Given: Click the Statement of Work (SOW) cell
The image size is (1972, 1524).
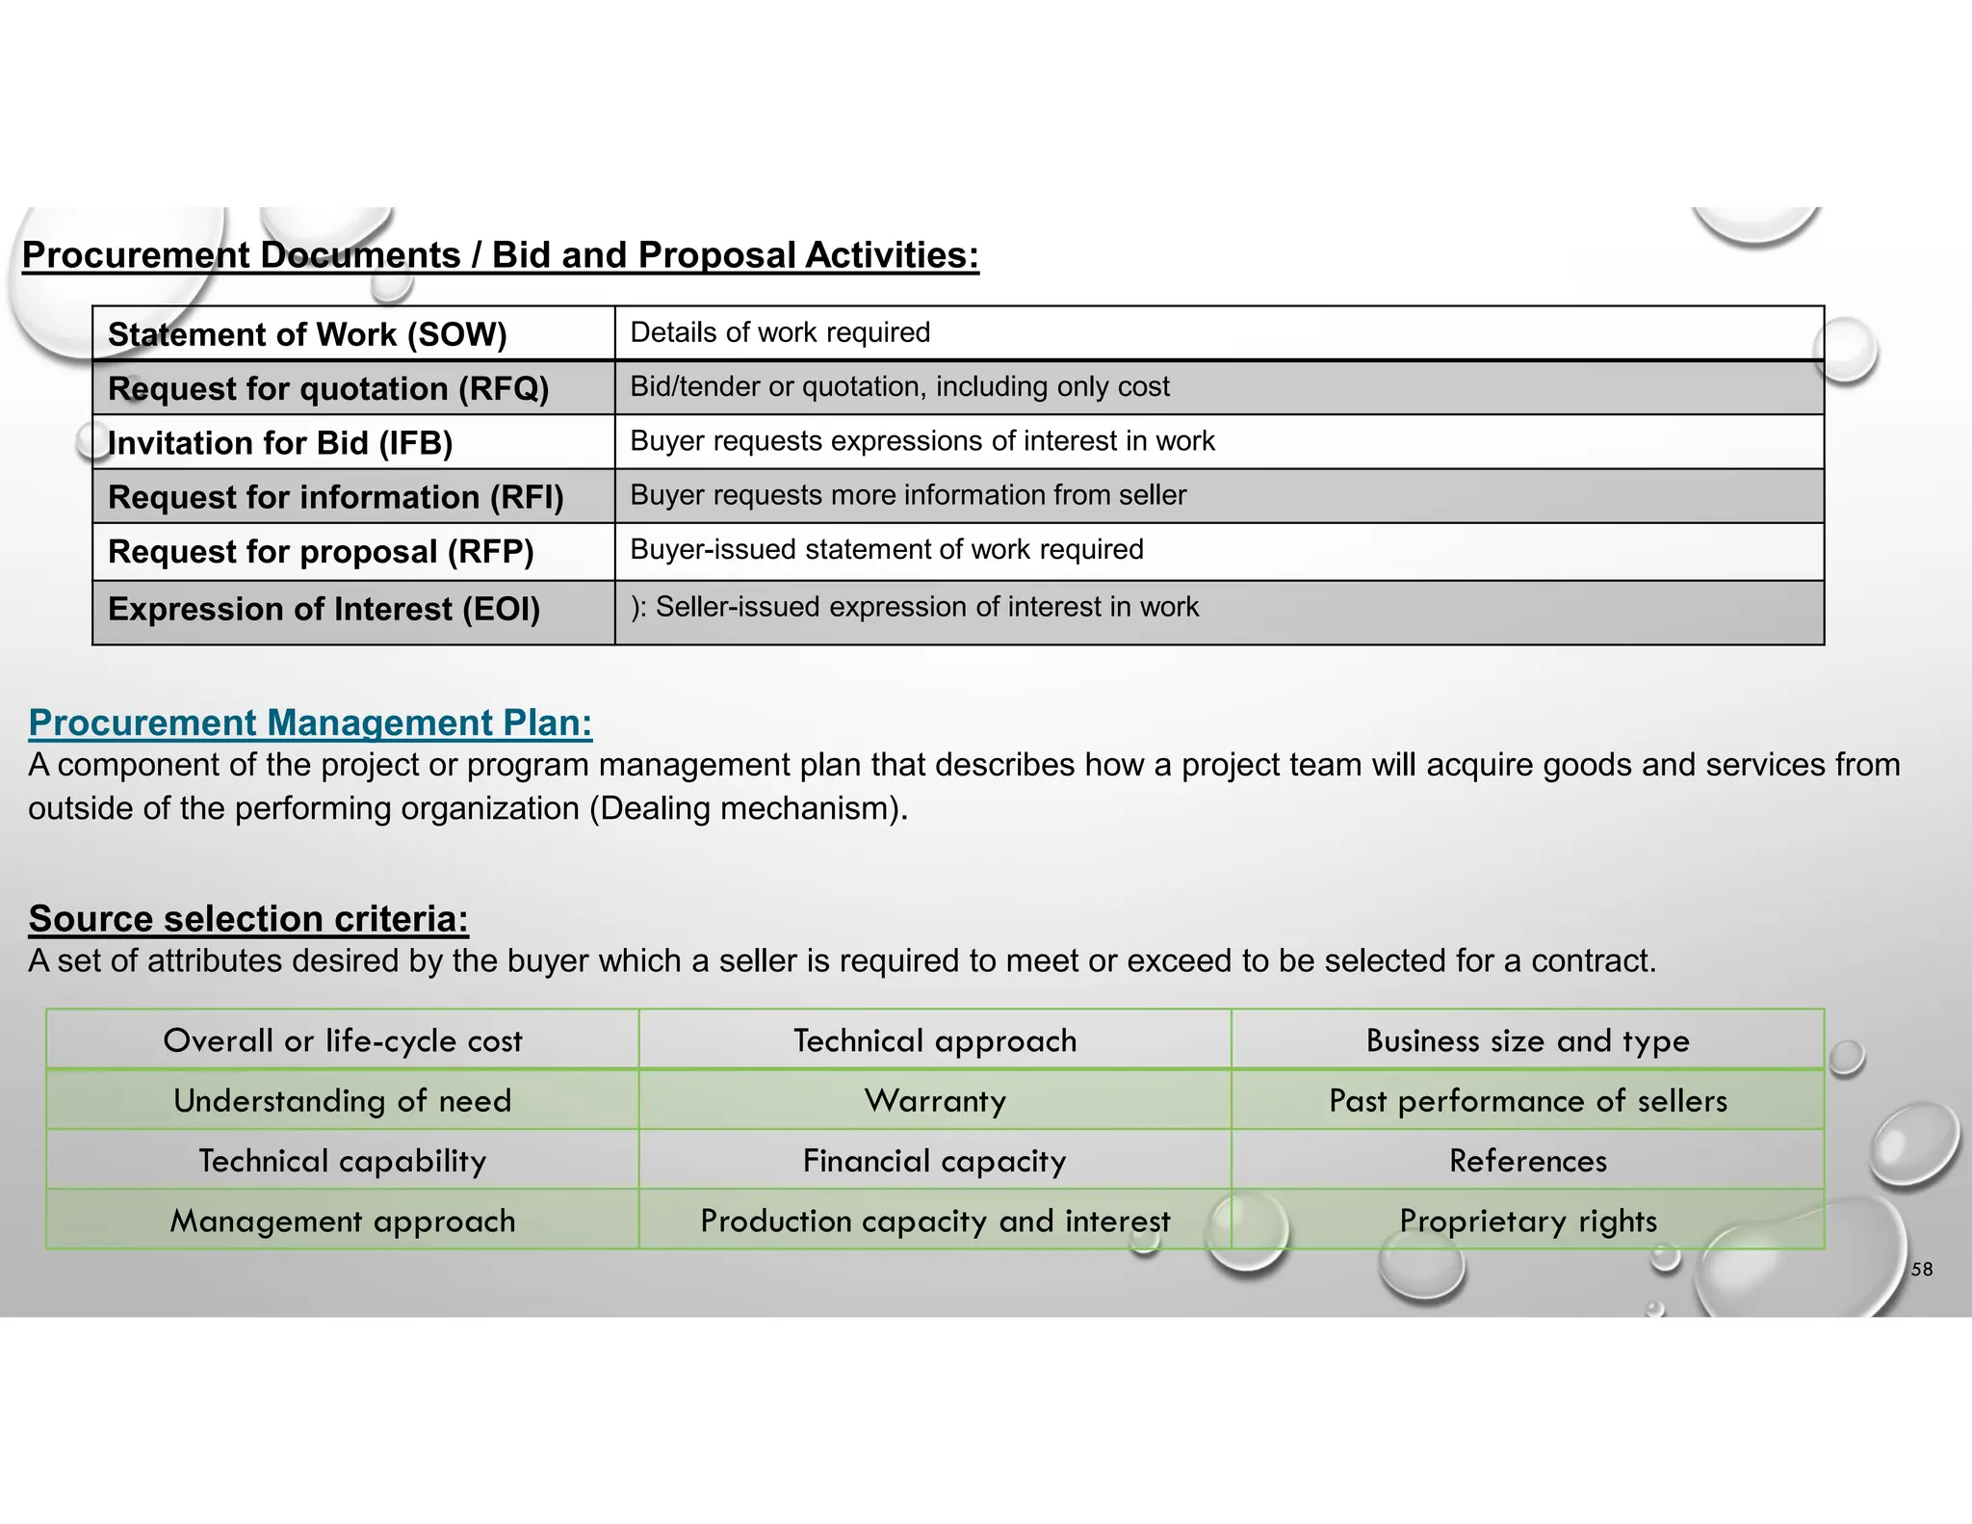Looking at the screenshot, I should point(307,334).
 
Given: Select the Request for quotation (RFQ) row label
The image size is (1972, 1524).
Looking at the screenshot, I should point(328,388).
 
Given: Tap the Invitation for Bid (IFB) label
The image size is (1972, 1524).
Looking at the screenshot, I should point(280,443).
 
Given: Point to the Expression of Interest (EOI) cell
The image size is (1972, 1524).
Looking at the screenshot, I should point(324,609).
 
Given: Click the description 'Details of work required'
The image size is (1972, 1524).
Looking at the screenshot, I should point(780,332).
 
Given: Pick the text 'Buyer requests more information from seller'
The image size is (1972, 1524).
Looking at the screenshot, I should point(908,495).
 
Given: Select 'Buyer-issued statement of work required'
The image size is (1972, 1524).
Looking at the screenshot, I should point(887,549).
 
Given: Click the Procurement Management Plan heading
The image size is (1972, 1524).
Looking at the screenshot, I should point(310,723).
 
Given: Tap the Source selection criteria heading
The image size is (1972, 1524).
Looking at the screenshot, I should point(248,918).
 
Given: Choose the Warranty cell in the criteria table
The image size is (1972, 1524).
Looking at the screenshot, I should point(935,1100).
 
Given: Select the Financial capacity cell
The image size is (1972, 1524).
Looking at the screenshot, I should point(935,1161).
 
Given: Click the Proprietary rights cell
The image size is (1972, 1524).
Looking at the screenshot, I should point(1528,1221).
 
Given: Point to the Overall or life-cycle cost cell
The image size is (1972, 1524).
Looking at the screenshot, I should point(343,1040).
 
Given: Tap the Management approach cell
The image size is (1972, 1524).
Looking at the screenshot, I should point(343,1221).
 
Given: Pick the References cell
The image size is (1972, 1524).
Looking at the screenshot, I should point(1528,1161).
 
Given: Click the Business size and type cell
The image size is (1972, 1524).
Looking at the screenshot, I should point(1528,1040).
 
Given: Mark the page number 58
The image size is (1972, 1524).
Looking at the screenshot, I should point(1922,1270).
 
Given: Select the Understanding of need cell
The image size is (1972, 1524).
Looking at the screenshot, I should point(343,1100).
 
